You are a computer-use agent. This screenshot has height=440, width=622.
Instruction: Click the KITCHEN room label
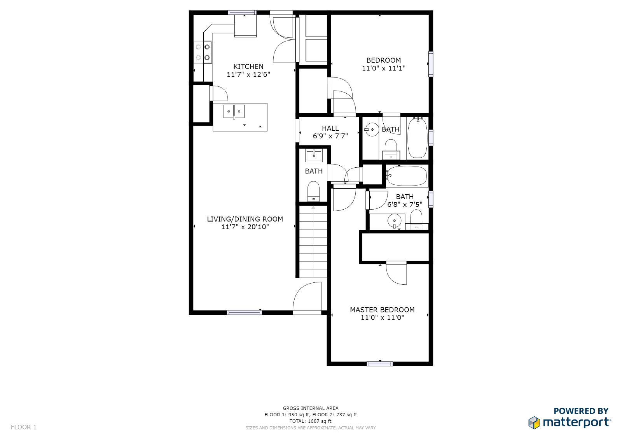click(248, 67)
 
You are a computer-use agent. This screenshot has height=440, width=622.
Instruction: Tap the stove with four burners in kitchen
click(203, 52)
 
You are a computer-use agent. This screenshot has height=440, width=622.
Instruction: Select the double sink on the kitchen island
click(234, 111)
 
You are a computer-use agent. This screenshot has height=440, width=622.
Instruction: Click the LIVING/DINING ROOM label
click(245, 219)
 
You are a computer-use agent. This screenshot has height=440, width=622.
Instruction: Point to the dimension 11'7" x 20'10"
click(245, 227)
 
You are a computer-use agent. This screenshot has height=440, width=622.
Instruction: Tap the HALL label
click(330, 128)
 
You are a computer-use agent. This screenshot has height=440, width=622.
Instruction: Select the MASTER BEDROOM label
click(382, 310)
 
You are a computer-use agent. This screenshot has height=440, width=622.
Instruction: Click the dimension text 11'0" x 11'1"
click(383, 68)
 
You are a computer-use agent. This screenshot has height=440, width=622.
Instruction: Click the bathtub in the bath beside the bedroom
click(417, 138)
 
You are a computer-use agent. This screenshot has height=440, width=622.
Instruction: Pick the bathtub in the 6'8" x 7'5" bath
click(407, 176)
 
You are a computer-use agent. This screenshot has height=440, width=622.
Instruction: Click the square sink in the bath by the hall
click(314, 156)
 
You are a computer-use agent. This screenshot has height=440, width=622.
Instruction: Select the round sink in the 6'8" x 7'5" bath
click(394, 221)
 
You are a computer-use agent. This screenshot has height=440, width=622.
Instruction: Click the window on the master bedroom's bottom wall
click(380, 364)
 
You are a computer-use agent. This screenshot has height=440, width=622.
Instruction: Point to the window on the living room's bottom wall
click(244, 312)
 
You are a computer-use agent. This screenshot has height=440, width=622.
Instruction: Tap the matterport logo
click(570, 422)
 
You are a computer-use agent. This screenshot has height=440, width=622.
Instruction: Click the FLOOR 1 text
click(24, 427)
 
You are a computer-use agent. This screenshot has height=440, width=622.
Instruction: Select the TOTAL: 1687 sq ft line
click(310, 421)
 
